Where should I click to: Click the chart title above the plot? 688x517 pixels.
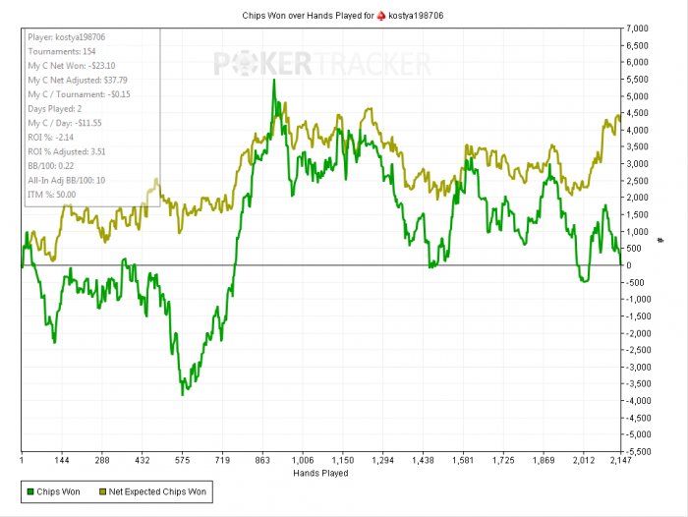pos(343,16)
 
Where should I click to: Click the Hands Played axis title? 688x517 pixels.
pos(320,473)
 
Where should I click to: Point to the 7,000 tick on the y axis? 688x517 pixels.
pos(637,29)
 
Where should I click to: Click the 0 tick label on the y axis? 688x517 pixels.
pos(630,265)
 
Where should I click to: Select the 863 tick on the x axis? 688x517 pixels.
pos(262,460)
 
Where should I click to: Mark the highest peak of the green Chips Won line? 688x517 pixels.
pos(274,81)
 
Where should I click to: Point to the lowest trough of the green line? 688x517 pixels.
pos(182,394)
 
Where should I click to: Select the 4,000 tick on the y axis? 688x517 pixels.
pos(637,130)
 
